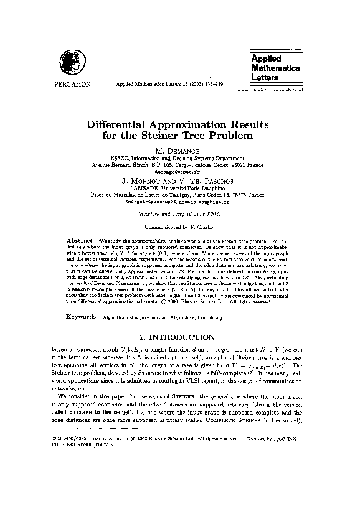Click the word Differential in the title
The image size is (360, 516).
(125, 123)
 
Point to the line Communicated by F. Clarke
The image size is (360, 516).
(179, 228)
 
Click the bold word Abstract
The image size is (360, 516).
(79, 240)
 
